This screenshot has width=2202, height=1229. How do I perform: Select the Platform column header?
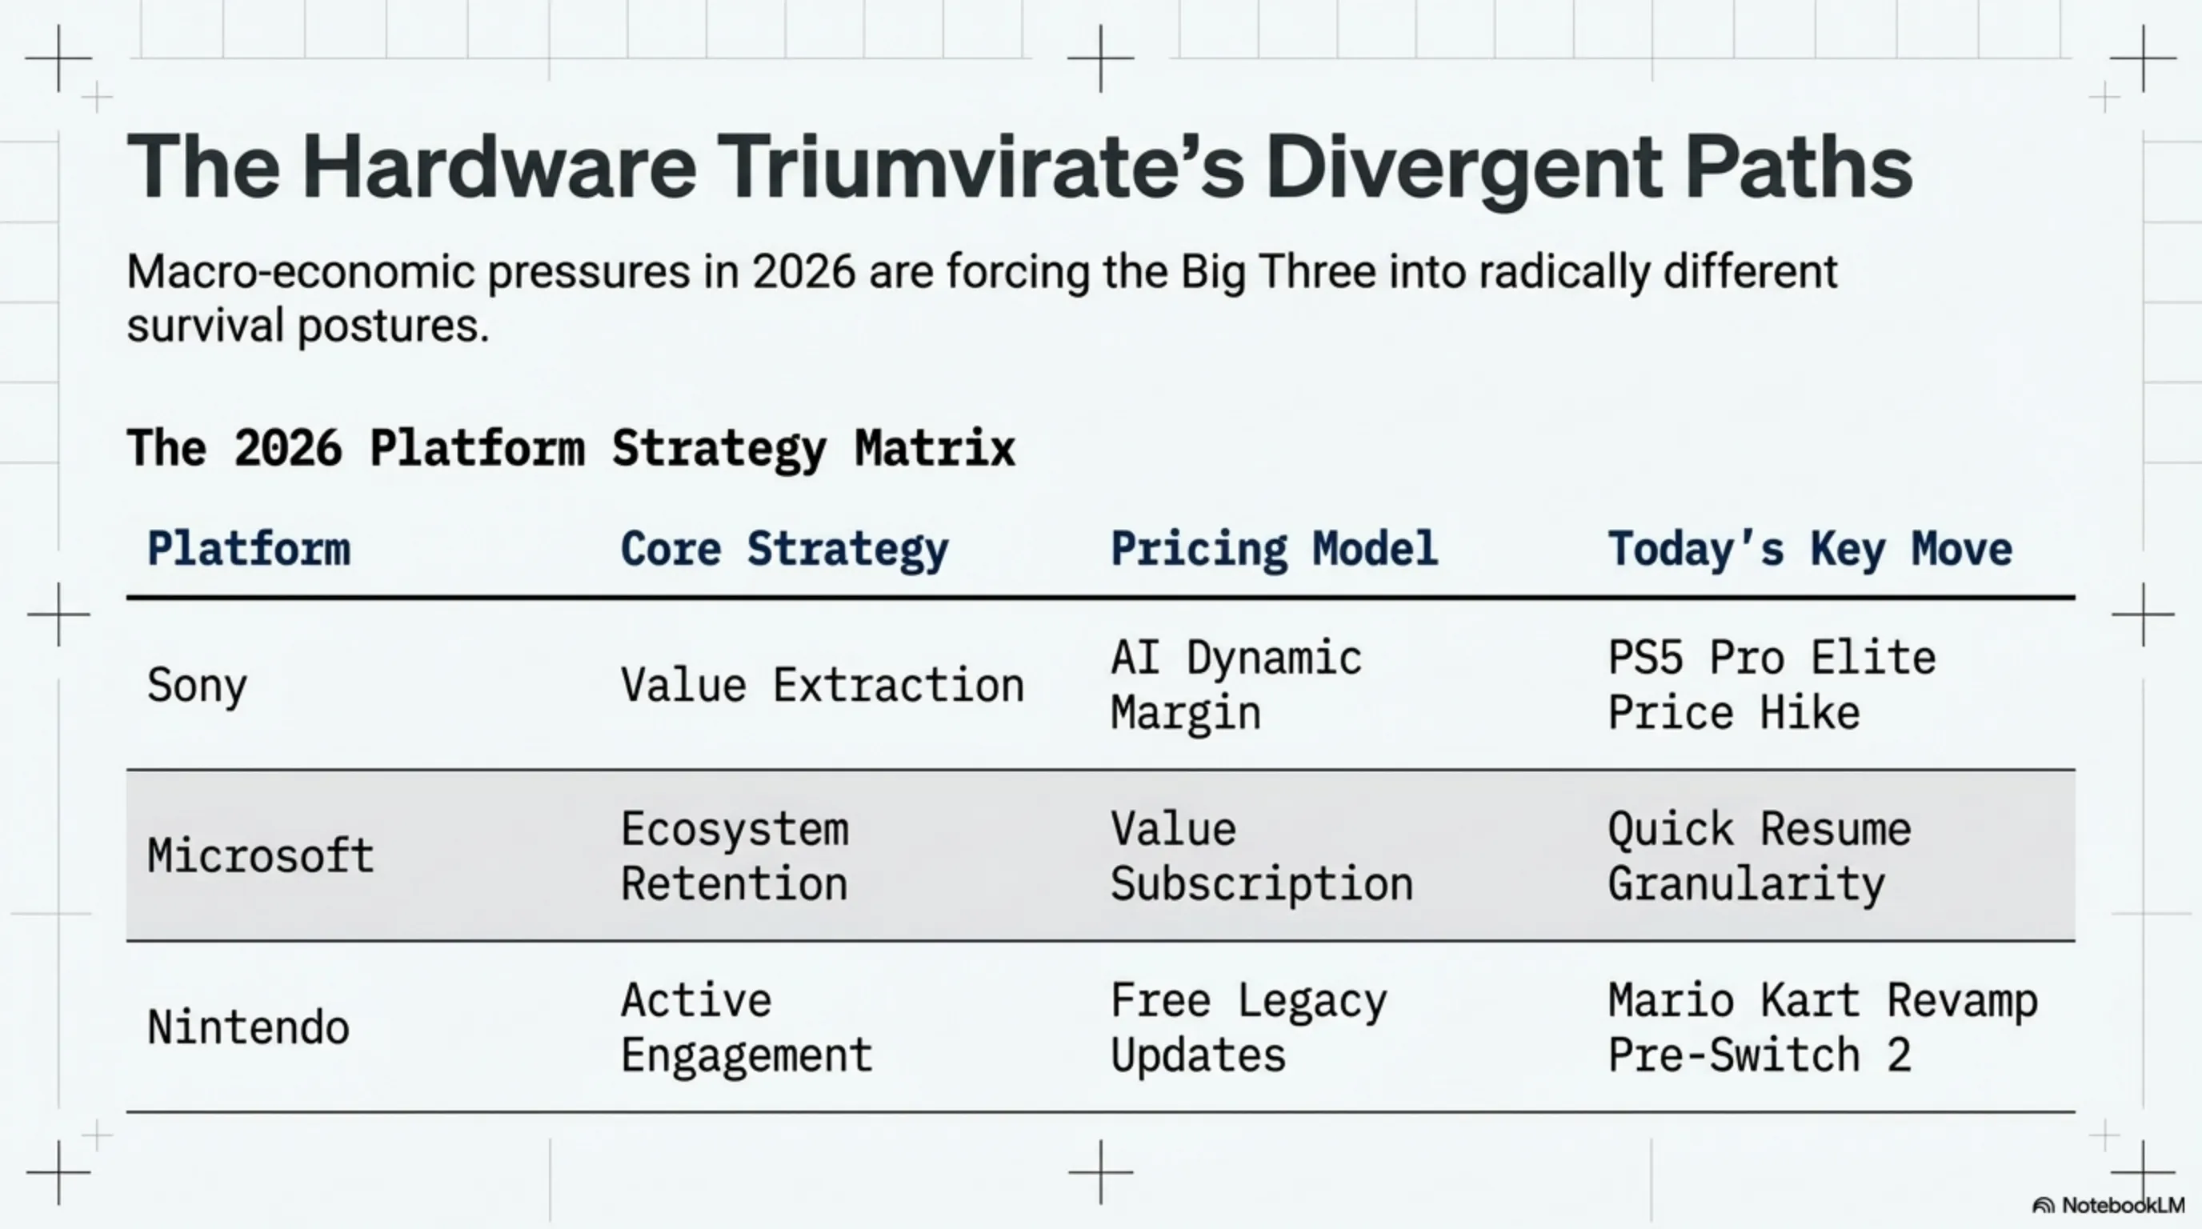point(248,549)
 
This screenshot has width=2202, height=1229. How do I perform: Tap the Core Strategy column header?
point(784,549)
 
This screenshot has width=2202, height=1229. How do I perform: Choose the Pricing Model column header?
point(1274,549)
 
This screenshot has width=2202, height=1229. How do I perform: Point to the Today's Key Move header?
point(1810,549)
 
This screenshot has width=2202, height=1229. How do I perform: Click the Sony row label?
point(197,686)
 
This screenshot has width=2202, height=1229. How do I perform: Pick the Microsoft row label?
point(260,855)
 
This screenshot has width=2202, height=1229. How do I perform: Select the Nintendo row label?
point(248,1027)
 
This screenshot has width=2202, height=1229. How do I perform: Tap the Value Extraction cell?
point(822,686)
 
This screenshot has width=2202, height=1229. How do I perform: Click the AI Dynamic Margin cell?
point(1235,686)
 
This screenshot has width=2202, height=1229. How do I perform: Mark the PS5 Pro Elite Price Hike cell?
point(1772,686)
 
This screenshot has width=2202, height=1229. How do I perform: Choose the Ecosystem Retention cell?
point(735,855)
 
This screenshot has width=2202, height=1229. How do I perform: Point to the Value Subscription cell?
point(1261,855)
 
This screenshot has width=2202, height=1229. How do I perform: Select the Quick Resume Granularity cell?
point(1759,855)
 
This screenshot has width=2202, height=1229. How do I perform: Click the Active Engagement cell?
point(746,1027)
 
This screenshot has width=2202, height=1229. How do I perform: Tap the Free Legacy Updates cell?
point(1248,1027)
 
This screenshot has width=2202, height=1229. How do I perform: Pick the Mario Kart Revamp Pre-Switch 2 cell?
point(1822,1027)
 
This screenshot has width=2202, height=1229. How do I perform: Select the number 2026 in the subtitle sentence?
point(803,272)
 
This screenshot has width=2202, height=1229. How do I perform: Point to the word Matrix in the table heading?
point(935,448)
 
